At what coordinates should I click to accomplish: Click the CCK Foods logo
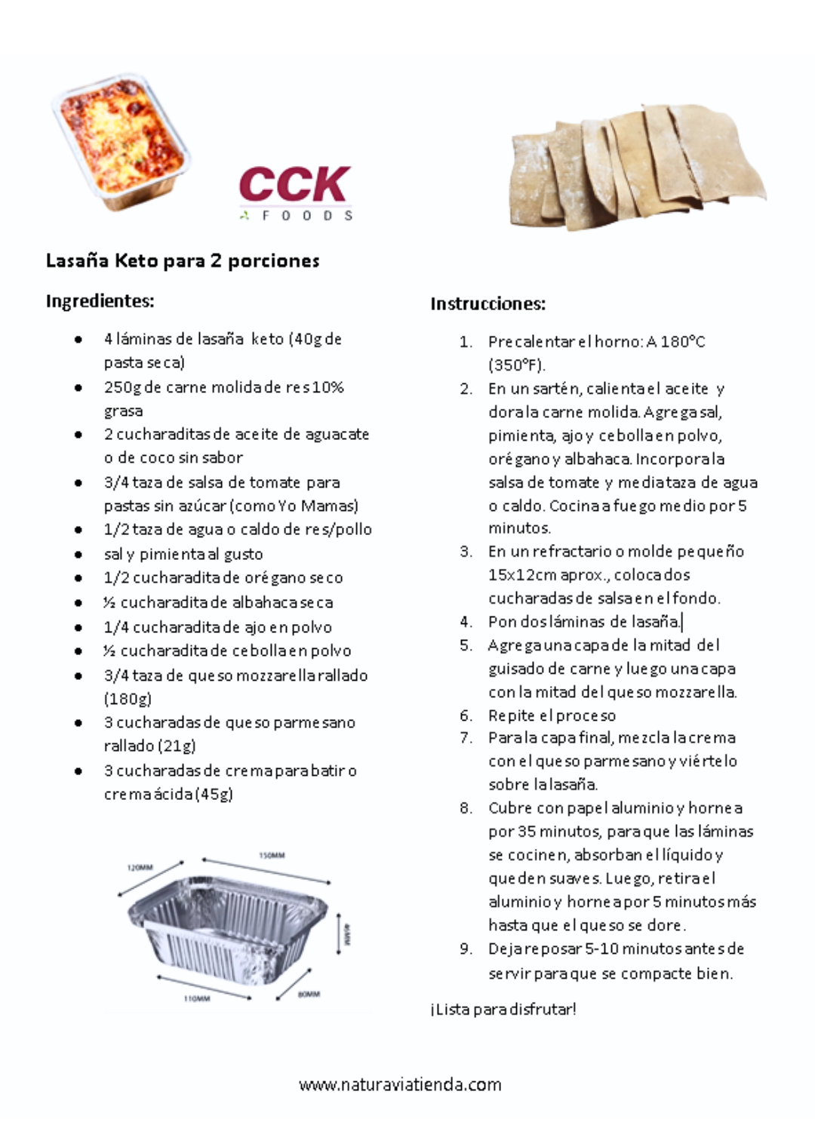point(296,192)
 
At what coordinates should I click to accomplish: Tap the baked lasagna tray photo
point(121,141)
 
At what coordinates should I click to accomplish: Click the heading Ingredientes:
point(100,301)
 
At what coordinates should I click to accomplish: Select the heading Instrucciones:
point(487,304)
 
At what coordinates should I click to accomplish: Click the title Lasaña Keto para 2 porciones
point(183,261)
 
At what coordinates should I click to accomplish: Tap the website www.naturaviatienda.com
point(400,1085)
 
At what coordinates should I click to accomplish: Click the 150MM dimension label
point(272,856)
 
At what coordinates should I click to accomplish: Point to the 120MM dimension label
point(140,868)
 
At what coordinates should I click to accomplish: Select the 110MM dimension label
point(198,998)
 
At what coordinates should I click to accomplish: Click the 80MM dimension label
point(309,995)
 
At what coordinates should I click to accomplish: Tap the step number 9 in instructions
point(466,949)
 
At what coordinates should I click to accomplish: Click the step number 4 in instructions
point(466,622)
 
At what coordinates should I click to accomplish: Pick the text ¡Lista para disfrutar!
point(503,1009)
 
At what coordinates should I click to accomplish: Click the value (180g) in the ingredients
point(128,699)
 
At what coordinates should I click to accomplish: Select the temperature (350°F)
point(516,365)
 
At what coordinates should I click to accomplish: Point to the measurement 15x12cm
point(522,575)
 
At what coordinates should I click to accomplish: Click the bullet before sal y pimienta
point(78,555)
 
